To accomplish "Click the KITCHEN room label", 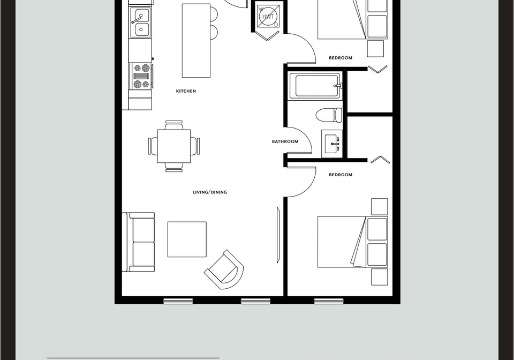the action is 186,91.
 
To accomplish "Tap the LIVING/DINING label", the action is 210,192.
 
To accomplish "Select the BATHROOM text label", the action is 285,141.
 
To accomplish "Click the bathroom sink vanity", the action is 332,144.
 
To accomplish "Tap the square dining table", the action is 173,146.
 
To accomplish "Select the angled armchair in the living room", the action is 224,269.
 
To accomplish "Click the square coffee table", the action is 187,239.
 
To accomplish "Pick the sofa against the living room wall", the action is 138,242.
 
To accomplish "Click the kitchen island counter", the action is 196,41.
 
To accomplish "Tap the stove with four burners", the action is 141,76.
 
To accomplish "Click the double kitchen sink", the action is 140,22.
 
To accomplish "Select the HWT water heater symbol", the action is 268,16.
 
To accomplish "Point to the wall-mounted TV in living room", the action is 278,235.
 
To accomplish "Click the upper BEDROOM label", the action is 341,58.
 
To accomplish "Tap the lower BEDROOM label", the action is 341,175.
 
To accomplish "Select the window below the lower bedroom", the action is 329,301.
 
